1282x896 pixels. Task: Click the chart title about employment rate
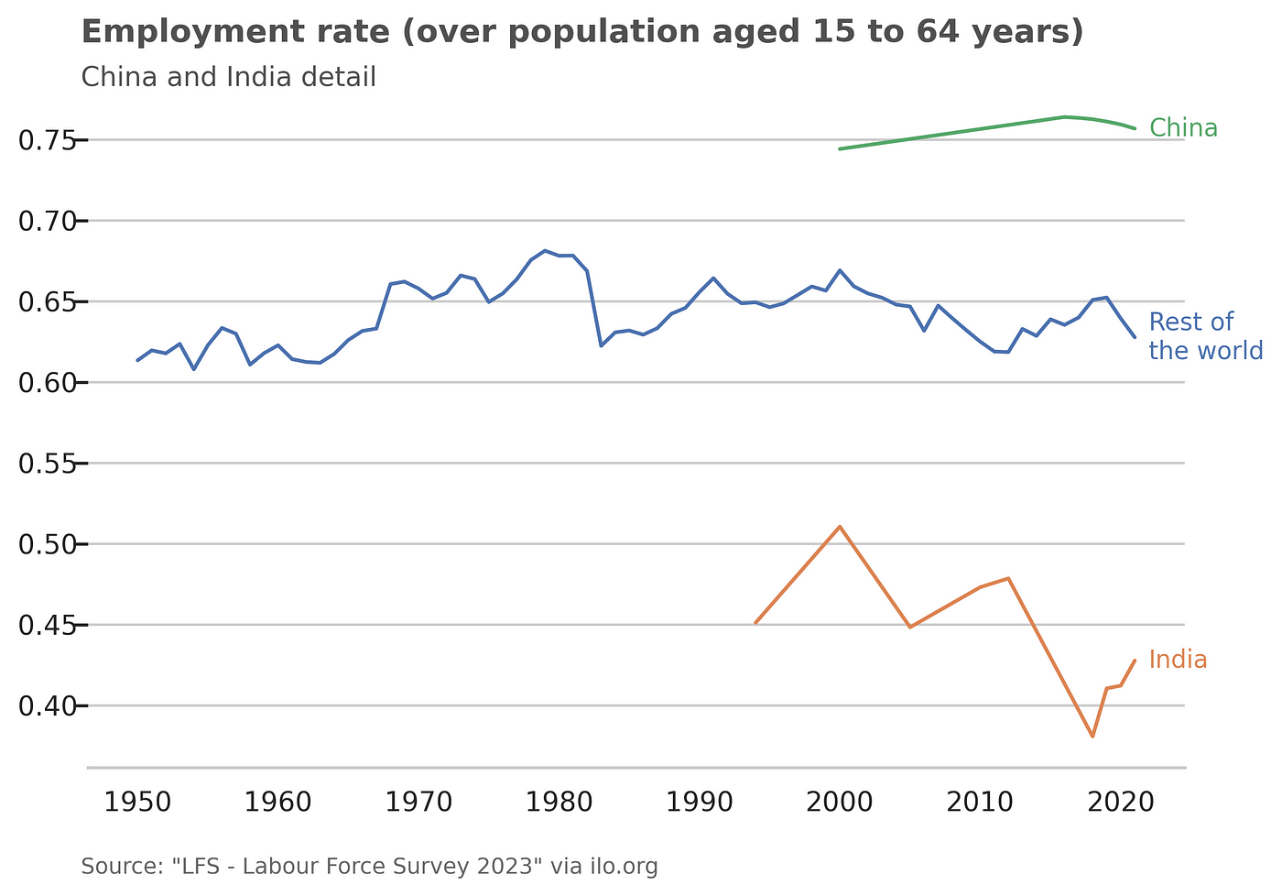click(x=582, y=32)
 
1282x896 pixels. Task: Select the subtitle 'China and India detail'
click(x=228, y=77)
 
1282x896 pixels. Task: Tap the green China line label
click(x=1183, y=128)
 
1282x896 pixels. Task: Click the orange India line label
click(x=1178, y=660)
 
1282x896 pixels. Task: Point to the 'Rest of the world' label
click(x=1205, y=336)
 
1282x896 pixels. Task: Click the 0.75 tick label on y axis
click(x=46, y=140)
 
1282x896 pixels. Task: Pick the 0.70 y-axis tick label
click(x=46, y=221)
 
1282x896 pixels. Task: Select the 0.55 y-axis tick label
click(x=46, y=464)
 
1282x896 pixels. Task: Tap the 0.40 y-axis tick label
click(x=46, y=706)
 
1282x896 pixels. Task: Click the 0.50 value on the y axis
click(x=46, y=544)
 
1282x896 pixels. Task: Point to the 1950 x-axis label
click(x=137, y=803)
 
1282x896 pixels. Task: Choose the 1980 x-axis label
click(x=559, y=803)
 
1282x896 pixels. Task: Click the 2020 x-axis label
click(x=1120, y=803)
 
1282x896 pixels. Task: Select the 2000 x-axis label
click(x=840, y=803)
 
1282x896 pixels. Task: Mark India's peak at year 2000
click(x=840, y=527)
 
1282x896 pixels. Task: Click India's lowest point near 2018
click(x=1092, y=737)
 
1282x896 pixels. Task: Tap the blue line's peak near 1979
click(x=545, y=250)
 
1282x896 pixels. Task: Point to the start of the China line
click(x=840, y=148)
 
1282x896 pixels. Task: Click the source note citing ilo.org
click(x=369, y=867)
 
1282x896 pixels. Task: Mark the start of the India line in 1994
click(x=755, y=623)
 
